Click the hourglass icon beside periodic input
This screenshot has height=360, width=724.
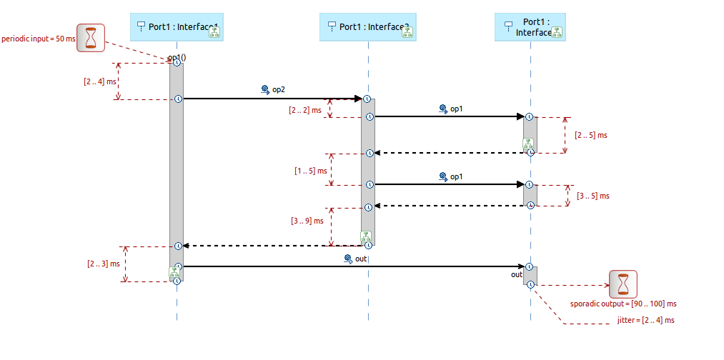tap(91, 38)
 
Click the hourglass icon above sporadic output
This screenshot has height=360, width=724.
tap(623, 284)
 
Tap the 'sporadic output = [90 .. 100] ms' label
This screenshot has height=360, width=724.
tap(623, 304)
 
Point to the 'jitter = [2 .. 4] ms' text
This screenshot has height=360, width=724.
tap(645, 321)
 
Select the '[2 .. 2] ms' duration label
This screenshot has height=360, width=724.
tap(304, 110)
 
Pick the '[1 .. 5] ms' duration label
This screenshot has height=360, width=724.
tap(310, 171)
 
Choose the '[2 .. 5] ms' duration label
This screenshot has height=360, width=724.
tap(591, 135)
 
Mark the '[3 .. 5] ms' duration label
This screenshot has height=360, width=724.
tap(593, 196)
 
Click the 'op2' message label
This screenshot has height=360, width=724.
tap(278, 90)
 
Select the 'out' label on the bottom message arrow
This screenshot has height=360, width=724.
tap(361, 259)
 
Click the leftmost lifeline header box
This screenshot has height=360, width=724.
tap(176, 27)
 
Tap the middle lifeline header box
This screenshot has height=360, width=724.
tap(367, 27)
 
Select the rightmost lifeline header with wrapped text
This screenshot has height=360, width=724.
tap(530, 27)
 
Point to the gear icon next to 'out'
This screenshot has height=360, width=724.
tap(348, 259)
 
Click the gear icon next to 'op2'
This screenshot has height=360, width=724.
tap(265, 90)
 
